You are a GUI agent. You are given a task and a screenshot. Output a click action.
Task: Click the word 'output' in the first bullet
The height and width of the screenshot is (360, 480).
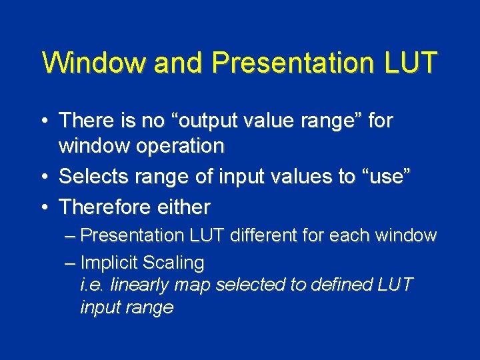pyautogui.click(x=245, y=121)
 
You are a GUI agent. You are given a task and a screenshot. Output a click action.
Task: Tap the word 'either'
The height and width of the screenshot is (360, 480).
pyautogui.click(x=183, y=207)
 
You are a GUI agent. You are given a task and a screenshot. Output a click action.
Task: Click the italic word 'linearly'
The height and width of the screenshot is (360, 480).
pyautogui.click(x=139, y=285)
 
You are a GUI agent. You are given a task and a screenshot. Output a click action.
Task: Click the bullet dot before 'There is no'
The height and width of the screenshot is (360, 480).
pyautogui.click(x=44, y=121)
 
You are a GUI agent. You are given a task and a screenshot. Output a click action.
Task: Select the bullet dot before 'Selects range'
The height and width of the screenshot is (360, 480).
pyautogui.click(x=44, y=177)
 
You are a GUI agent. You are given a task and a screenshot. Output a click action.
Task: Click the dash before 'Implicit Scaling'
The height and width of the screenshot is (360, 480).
pyautogui.click(x=71, y=263)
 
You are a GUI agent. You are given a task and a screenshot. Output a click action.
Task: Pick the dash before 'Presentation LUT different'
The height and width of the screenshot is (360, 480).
pyautogui.click(x=71, y=235)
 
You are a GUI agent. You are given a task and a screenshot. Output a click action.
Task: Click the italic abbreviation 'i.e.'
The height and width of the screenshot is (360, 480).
pyautogui.click(x=91, y=285)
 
